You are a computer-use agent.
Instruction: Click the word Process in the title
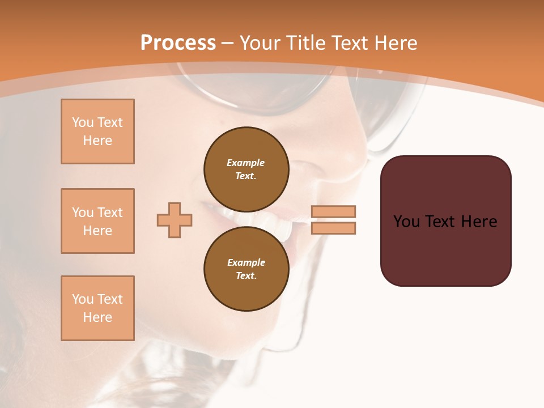point(178,43)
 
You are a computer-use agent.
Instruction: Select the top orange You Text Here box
point(97,131)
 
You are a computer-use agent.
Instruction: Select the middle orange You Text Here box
point(97,221)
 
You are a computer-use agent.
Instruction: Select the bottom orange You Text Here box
point(97,308)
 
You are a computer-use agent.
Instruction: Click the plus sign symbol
point(175,220)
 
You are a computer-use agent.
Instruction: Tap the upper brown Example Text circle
point(246,169)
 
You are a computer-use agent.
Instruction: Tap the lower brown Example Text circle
point(246,269)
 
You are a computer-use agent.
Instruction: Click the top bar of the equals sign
point(334,211)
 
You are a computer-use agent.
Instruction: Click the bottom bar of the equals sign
point(334,228)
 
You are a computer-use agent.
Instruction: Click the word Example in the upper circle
point(246,163)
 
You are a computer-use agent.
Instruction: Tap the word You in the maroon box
point(406,222)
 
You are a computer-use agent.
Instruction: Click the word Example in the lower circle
point(246,263)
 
